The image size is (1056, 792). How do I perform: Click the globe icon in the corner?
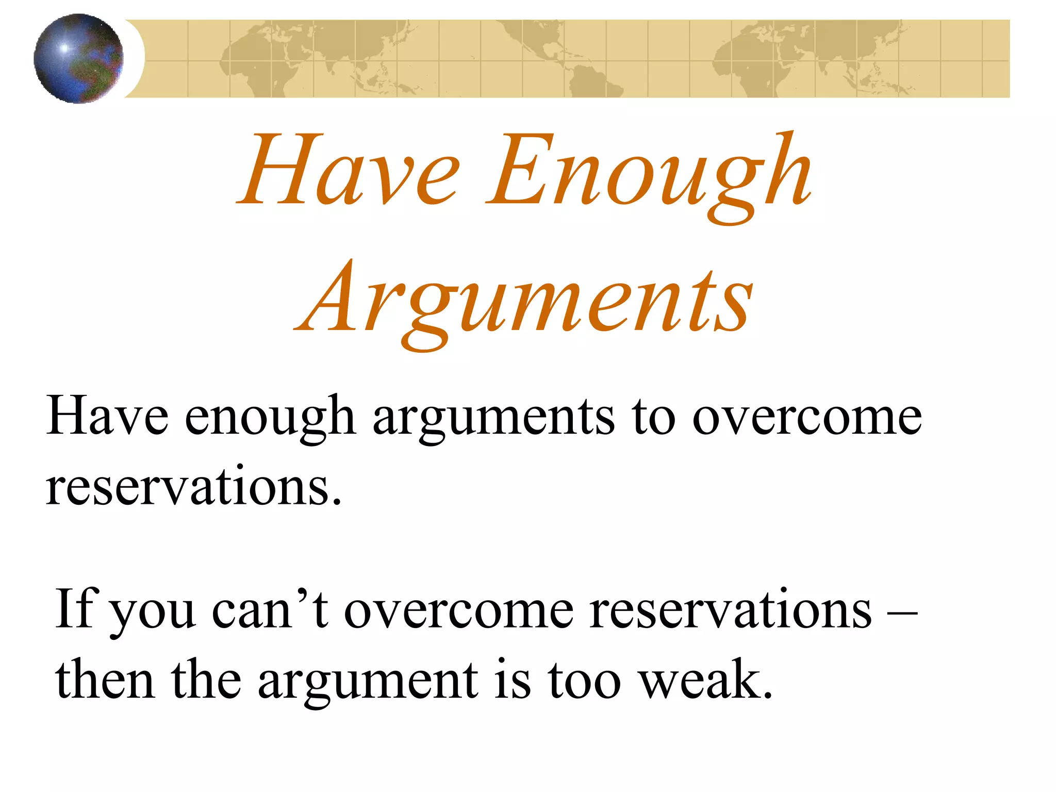(78, 58)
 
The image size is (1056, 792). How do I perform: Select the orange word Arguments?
(524, 302)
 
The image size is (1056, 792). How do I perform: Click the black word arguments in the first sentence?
(493, 418)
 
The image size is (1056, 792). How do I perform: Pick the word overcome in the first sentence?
(806, 417)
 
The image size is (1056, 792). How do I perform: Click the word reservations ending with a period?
(193, 487)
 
